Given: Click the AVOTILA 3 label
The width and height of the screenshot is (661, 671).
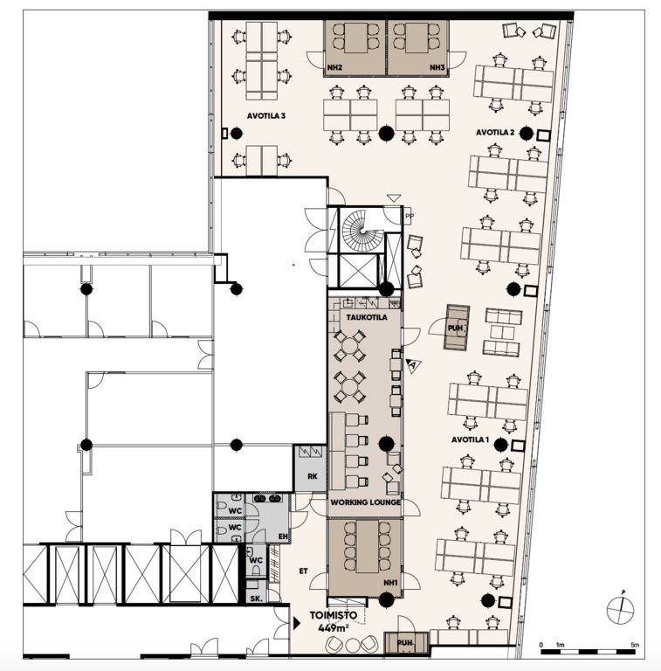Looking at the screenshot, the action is coord(266,116).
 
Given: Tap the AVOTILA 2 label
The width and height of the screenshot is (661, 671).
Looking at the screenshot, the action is coord(495,133).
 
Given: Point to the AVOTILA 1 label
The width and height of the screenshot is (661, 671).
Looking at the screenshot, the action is coord(471,440).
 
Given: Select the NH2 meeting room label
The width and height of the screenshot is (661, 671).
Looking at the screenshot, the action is coord(334,67).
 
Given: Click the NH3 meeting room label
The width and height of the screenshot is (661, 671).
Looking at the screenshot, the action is coord(437,67).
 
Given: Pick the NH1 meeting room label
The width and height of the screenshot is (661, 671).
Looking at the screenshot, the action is coord(390,583).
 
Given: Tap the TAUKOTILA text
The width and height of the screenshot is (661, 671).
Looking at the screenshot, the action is coord(367,317).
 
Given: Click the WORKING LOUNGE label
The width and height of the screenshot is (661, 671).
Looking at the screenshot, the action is coord(366,502).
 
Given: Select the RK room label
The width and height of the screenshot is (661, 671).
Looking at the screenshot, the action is coord(313,476).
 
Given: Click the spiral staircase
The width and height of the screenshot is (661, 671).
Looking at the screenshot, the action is coord(362,231).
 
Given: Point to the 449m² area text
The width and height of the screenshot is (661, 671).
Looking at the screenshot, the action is coord(334,628).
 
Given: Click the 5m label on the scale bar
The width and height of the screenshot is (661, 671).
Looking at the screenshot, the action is coord(635,645).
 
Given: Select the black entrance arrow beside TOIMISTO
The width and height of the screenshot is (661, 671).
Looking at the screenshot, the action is coord(297,623).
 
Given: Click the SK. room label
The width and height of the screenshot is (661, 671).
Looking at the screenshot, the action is coord(256,599).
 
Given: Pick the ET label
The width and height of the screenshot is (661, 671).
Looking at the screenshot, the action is coord(304,571).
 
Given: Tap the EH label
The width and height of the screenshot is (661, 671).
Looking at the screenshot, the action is coord(283,536).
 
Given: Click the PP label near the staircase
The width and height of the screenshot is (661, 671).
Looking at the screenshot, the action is coord(410,217).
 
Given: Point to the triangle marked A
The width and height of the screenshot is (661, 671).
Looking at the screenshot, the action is coord(413,366).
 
